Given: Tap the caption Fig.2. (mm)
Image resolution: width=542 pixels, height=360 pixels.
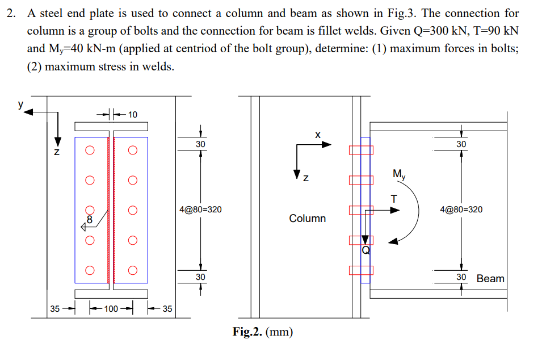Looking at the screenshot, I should pos(263,332).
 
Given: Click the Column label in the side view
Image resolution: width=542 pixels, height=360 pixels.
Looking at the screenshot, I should pos(307,218).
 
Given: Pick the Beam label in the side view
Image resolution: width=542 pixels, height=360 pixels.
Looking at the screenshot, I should pos(490,278).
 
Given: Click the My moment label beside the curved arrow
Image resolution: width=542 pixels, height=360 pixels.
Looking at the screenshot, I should pos(399,174).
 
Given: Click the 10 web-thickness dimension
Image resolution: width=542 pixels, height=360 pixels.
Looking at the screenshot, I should pos(132,114).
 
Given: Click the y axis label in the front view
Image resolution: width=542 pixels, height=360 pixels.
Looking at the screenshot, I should pos(20,105).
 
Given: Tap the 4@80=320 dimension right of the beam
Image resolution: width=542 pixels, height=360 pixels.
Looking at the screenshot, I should pos(461,210).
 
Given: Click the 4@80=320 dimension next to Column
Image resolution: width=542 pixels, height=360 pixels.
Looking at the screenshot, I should pos(200,210).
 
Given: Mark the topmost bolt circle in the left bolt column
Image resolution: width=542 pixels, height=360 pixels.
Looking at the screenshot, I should pos(89,151).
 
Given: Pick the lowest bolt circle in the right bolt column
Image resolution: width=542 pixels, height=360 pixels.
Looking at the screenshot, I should pos(132,270).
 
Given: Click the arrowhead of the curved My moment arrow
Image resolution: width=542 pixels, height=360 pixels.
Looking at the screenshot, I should pos(392,242).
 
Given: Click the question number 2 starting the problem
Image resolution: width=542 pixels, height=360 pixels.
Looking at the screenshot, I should pos(11,14).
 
